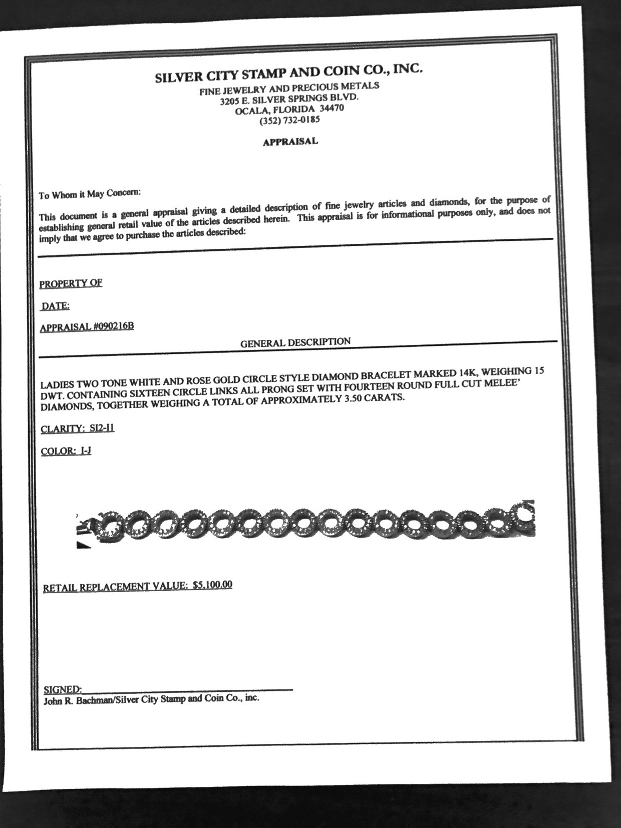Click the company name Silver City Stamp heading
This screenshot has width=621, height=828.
[289, 73]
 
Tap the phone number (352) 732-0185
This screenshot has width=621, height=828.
[289, 120]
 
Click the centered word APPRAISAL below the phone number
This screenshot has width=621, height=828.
[290, 142]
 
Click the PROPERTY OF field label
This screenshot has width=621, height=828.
[71, 283]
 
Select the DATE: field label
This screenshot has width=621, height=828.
[56, 306]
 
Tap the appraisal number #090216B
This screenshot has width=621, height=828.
[113, 327]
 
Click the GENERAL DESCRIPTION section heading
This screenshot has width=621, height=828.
[295, 343]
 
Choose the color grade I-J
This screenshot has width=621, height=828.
[85, 451]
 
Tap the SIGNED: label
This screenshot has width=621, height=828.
[63, 690]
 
